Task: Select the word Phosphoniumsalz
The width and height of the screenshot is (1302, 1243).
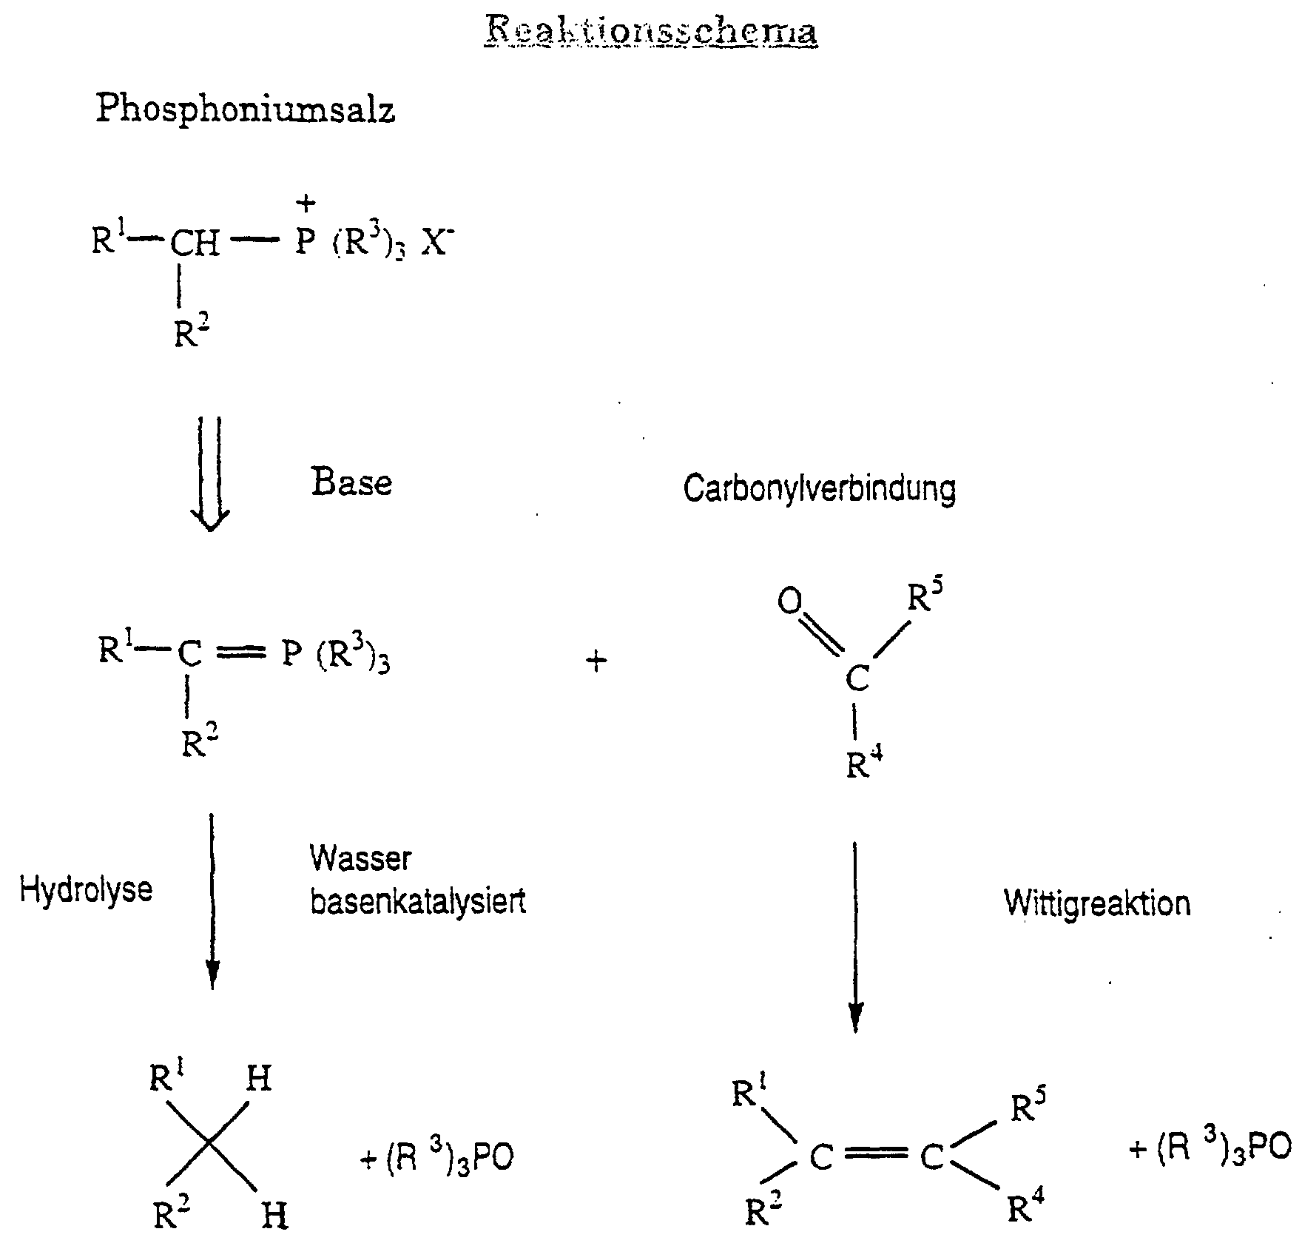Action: tap(245, 110)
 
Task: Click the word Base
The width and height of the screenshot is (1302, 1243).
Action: tap(351, 483)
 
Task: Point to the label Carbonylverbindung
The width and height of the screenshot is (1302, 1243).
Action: tap(820, 489)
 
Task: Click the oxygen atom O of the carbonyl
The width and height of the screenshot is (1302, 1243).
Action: tap(789, 602)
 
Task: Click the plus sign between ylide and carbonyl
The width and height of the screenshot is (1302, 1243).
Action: tap(596, 661)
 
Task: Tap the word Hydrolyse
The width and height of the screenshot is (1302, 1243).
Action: tap(86, 889)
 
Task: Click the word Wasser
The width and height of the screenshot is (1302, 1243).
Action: tap(360, 858)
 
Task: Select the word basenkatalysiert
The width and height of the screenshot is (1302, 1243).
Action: tap(418, 903)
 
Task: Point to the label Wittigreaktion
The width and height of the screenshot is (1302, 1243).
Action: tap(1097, 903)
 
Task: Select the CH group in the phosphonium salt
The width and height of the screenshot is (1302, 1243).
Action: tap(195, 243)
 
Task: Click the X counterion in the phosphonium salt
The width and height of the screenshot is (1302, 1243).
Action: tap(435, 243)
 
